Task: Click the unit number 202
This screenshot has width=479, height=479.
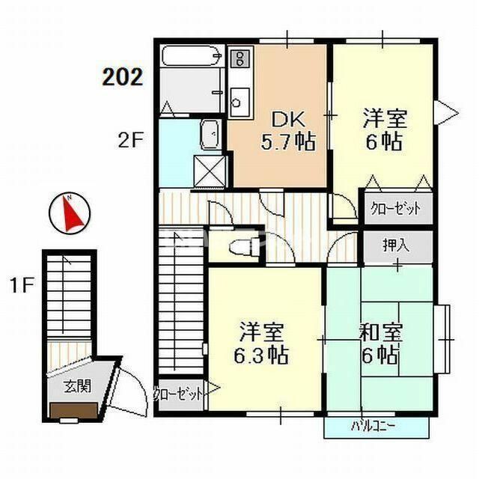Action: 123,76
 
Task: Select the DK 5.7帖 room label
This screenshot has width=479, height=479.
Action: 290,129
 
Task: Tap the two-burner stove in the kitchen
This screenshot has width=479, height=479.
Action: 239,58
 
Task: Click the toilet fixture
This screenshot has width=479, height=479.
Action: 240,246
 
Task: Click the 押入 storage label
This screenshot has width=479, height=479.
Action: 397,244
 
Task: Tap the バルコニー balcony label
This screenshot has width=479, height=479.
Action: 376,427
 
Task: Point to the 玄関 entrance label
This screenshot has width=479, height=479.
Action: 73,386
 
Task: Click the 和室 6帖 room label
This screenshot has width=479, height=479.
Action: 379,343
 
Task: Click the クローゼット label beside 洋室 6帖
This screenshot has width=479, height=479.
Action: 396,208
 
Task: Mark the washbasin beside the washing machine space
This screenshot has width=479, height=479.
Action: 210,135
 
